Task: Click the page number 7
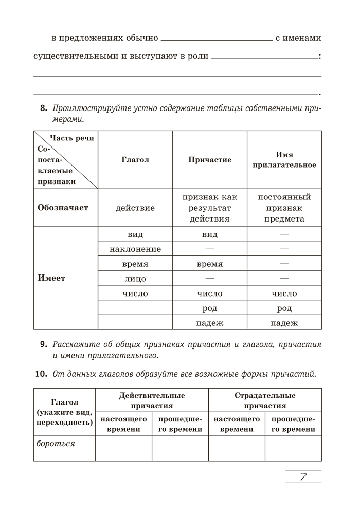303,477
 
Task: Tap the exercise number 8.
44,108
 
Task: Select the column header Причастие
210,160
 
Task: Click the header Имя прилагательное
284,160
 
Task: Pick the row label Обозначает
63,208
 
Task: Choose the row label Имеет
52,278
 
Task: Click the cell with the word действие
135,208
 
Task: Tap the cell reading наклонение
135,249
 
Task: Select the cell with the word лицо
135,279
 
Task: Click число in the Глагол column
135,293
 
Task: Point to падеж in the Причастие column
210,323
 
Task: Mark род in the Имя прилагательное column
284,308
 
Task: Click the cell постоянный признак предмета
284,208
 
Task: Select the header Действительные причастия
152,400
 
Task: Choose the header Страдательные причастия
265,400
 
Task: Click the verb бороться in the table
56,443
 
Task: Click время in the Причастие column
210,264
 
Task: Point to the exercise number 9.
44,344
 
